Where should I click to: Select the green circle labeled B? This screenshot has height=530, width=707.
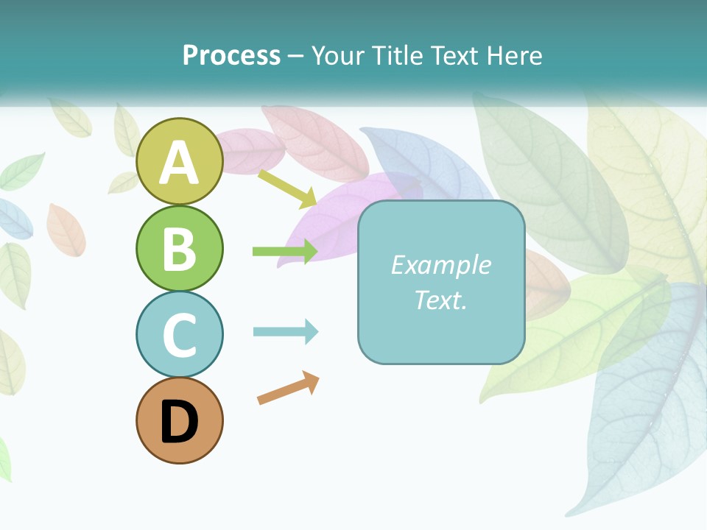click(179, 248)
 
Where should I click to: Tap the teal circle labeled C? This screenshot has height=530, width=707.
click(179, 334)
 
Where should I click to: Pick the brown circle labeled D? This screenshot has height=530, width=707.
click(179, 420)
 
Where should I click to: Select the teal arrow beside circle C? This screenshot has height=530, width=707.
click(286, 332)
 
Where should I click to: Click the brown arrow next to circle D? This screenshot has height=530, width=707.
click(288, 388)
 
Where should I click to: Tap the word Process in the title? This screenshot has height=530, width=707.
click(231, 55)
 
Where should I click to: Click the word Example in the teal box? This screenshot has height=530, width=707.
click(440, 265)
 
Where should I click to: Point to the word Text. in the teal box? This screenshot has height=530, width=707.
click(440, 300)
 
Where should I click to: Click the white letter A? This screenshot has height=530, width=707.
click(179, 163)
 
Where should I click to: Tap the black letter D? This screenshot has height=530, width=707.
click(179, 422)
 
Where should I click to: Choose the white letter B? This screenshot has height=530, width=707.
click(179, 249)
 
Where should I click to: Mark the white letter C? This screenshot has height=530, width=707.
click(179, 335)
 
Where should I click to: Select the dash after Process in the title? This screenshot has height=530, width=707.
click(295, 56)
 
